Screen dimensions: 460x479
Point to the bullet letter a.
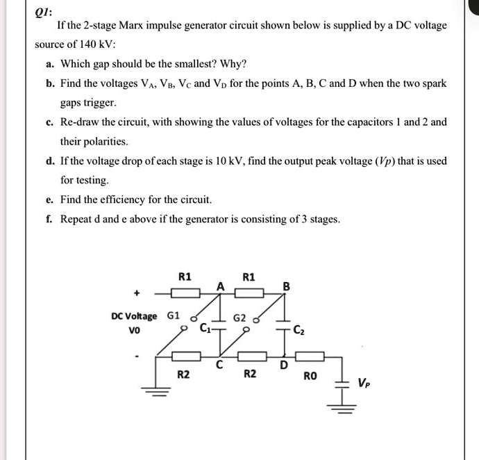point(50,64)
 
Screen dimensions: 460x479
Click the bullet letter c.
point(50,122)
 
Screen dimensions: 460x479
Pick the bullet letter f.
point(50,219)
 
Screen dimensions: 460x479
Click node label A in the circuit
point(220,285)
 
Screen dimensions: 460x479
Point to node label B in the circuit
point(286,285)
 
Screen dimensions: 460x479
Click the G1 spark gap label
point(174,316)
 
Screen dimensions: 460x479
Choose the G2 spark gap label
point(239,318)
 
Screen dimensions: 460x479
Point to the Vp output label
point(364,382)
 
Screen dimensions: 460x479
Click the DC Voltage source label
point(133,316)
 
